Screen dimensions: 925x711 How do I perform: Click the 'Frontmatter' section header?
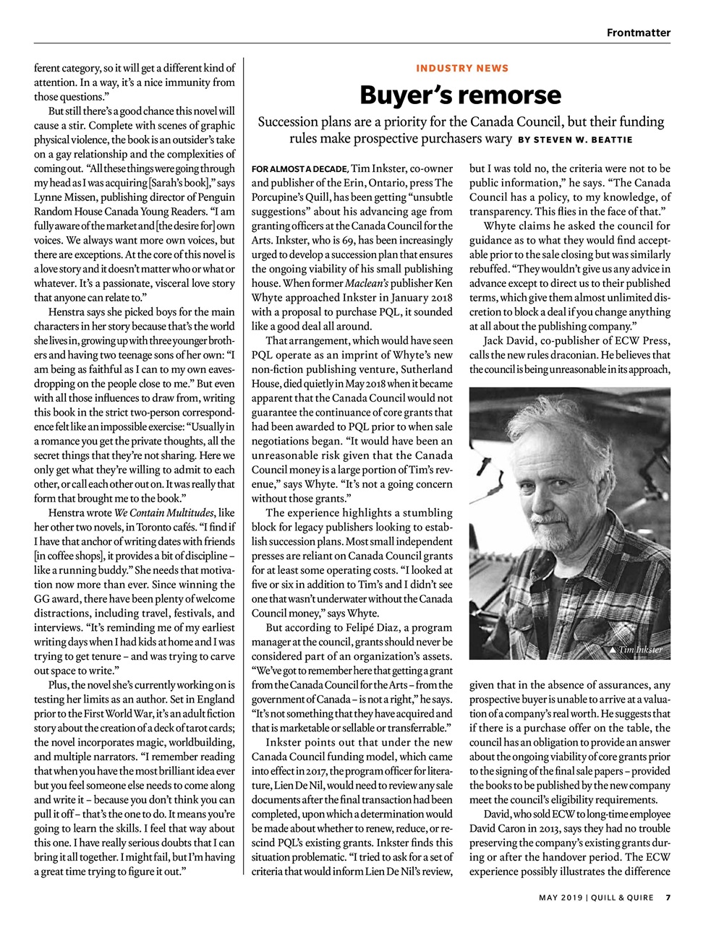pyautogui.click(x=638, y=33)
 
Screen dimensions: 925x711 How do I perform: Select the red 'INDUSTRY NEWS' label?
pyautogui.click(x=462, y=68)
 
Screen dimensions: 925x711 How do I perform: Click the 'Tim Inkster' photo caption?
pyautogui.click(x=640, y=650)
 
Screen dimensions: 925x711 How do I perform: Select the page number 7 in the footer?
pyautogui.click(x=668, y=898)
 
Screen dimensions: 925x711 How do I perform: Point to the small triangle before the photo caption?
pyautogui.click(x=613, y=650)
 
